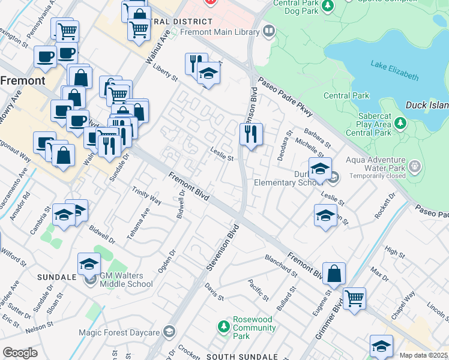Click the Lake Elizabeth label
click(394, 70)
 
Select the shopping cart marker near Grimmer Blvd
click(355, 298)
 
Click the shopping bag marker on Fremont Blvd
click(334, 274)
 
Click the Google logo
click(20, 353)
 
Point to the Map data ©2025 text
click(423, 355)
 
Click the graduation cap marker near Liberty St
click(208, 74)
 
